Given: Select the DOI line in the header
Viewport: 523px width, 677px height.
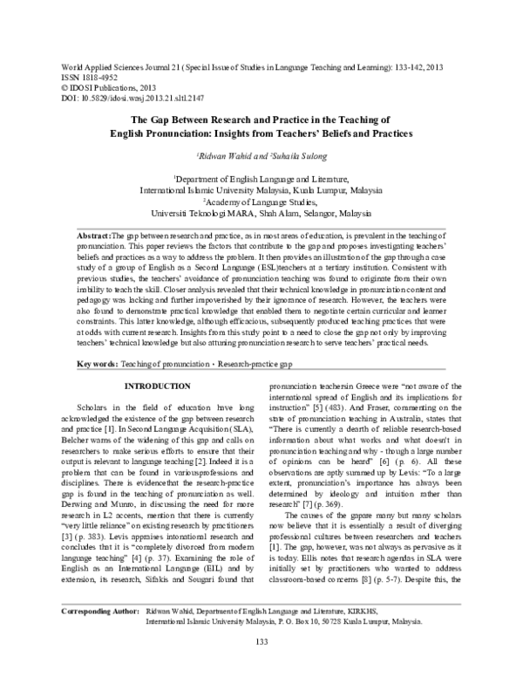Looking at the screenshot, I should (x=130, y=98).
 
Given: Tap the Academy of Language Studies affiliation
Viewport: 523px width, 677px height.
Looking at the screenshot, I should (x=262, y=200).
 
